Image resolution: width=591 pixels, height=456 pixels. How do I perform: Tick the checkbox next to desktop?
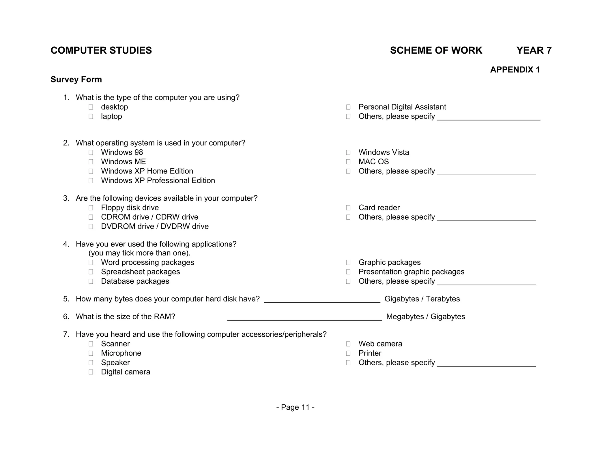91,107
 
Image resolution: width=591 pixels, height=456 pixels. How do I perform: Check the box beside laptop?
91,116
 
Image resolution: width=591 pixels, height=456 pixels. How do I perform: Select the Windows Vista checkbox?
348,152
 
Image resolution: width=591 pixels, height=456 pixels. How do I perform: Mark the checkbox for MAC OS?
348,162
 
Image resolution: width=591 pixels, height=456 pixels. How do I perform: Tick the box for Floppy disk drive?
91,208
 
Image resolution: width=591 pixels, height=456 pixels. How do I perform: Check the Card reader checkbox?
348,208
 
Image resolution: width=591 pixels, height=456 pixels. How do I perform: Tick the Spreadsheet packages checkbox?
91,272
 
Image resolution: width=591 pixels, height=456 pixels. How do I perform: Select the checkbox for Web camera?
348,344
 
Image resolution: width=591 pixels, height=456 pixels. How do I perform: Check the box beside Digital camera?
91,372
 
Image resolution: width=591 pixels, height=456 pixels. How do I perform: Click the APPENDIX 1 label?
515,70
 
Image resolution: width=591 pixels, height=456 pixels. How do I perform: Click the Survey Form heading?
76,80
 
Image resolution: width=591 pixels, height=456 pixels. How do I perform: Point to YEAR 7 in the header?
534,50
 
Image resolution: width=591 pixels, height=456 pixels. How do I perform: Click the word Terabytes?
443,299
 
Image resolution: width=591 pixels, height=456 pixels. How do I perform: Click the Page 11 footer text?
295,407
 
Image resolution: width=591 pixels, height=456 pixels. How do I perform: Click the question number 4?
66,244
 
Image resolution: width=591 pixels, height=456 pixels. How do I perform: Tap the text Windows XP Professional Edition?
158,181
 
